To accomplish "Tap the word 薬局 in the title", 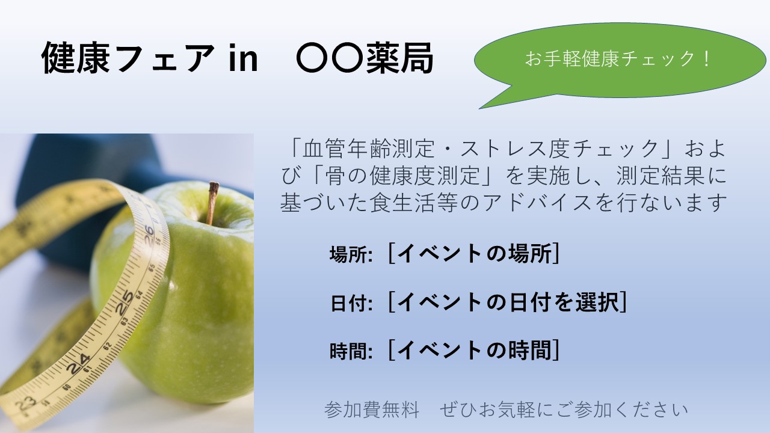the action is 400,58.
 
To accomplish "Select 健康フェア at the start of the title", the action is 128,58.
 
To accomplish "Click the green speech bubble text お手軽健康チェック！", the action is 617,59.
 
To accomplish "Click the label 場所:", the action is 351,254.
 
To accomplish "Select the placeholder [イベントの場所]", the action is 474,254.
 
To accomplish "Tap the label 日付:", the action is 351,303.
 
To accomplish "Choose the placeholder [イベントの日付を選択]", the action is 508,302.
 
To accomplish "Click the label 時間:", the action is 351,351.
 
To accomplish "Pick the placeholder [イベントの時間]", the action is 474,350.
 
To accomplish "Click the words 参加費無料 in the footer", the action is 372,410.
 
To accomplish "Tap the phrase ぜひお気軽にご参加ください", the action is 564,410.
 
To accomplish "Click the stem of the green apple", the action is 212,203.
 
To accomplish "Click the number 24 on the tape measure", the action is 78,364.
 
